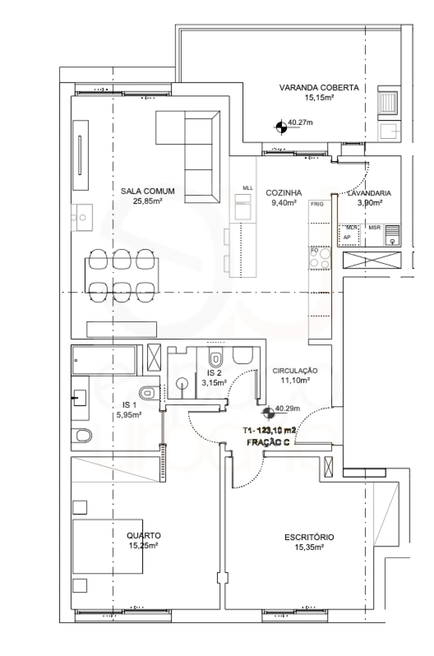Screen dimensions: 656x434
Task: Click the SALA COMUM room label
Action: tap(148, 191)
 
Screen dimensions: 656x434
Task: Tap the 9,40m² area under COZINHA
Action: tap(284, 203)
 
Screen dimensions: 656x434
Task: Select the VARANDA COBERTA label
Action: tap(319, 87)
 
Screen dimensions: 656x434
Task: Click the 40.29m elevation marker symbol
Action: tap(267, 413)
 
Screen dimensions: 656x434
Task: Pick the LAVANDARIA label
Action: tap(369, 193)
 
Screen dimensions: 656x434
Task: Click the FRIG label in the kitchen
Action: tap(317, 204)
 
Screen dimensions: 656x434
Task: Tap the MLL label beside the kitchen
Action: tap(247, 188)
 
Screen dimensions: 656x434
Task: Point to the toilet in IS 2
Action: tap(215, 357)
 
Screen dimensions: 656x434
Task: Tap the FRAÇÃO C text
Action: tap(268, 442)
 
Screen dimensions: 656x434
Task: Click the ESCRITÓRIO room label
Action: tap(309, 537)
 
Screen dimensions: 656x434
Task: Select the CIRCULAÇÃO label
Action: tap(295, 370)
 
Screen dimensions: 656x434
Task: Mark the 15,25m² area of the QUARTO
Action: tap(144, 546)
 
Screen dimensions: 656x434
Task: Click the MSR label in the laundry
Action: tap(374, 227)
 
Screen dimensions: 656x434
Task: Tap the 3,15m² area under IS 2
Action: tap(214, 383)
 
